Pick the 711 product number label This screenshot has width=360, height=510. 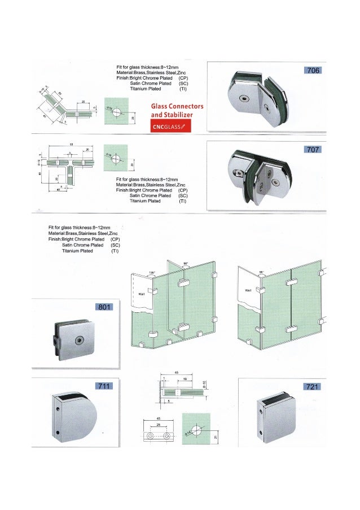pyautogui.click(x=103, y=386)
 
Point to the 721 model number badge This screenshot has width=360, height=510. pyautogui.click(x=312, y=386)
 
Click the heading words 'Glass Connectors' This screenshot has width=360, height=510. pyautogui.click(x=177, y=107)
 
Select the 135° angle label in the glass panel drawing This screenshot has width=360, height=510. pyautogui.click(x=151, y=272)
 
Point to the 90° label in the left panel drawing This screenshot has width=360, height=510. pyautogui.click(x=186, y=263)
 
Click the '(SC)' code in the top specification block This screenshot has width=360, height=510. pyautogui.click(x=183, y=84)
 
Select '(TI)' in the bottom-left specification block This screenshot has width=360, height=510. pyautogui.click(x=115, y=251)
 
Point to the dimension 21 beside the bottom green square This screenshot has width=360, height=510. pyautogui.click(x=215, y=437)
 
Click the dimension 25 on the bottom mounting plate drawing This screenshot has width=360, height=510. pyautogui.click(x=159, y=424)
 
